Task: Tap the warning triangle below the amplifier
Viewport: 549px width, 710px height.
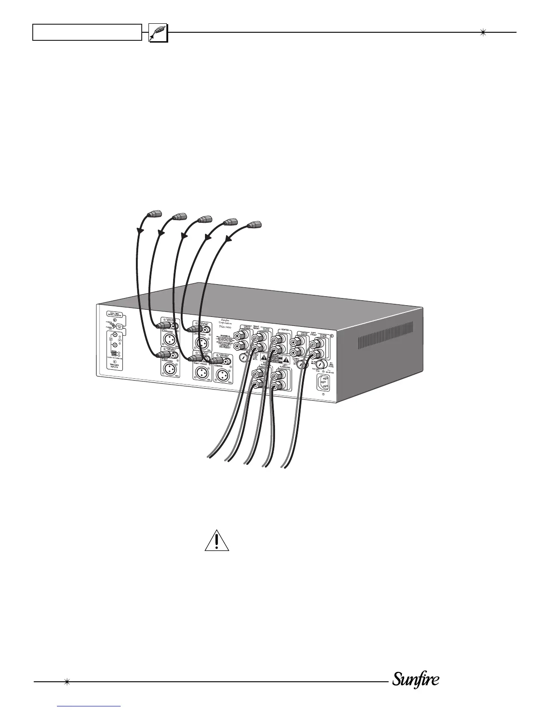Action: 217,541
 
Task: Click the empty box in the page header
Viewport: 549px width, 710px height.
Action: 87,32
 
